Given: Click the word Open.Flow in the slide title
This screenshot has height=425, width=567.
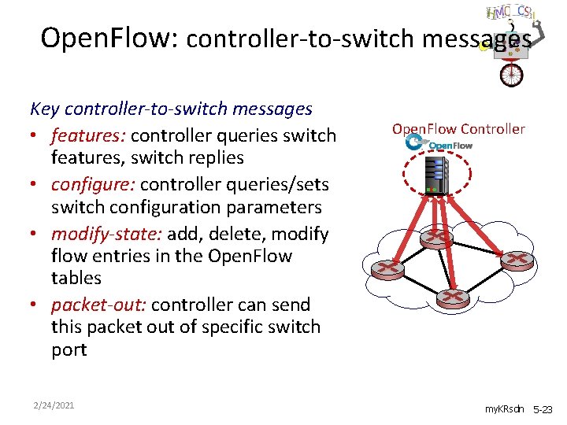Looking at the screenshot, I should [109, 37].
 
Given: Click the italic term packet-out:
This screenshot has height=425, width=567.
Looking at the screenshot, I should [98, 305].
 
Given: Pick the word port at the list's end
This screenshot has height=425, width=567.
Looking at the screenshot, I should [69, 349].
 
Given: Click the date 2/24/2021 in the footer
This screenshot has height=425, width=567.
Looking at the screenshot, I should [54, 405].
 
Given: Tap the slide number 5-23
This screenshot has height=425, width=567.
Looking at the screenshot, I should [544, 410].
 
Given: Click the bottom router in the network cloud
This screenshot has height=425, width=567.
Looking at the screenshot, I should [452, 298].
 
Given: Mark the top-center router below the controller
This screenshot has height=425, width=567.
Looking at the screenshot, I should [435, 236].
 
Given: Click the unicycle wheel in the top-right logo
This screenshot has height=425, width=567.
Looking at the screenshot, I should [512, 74].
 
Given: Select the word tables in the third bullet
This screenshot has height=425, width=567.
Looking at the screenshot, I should [76, 278].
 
